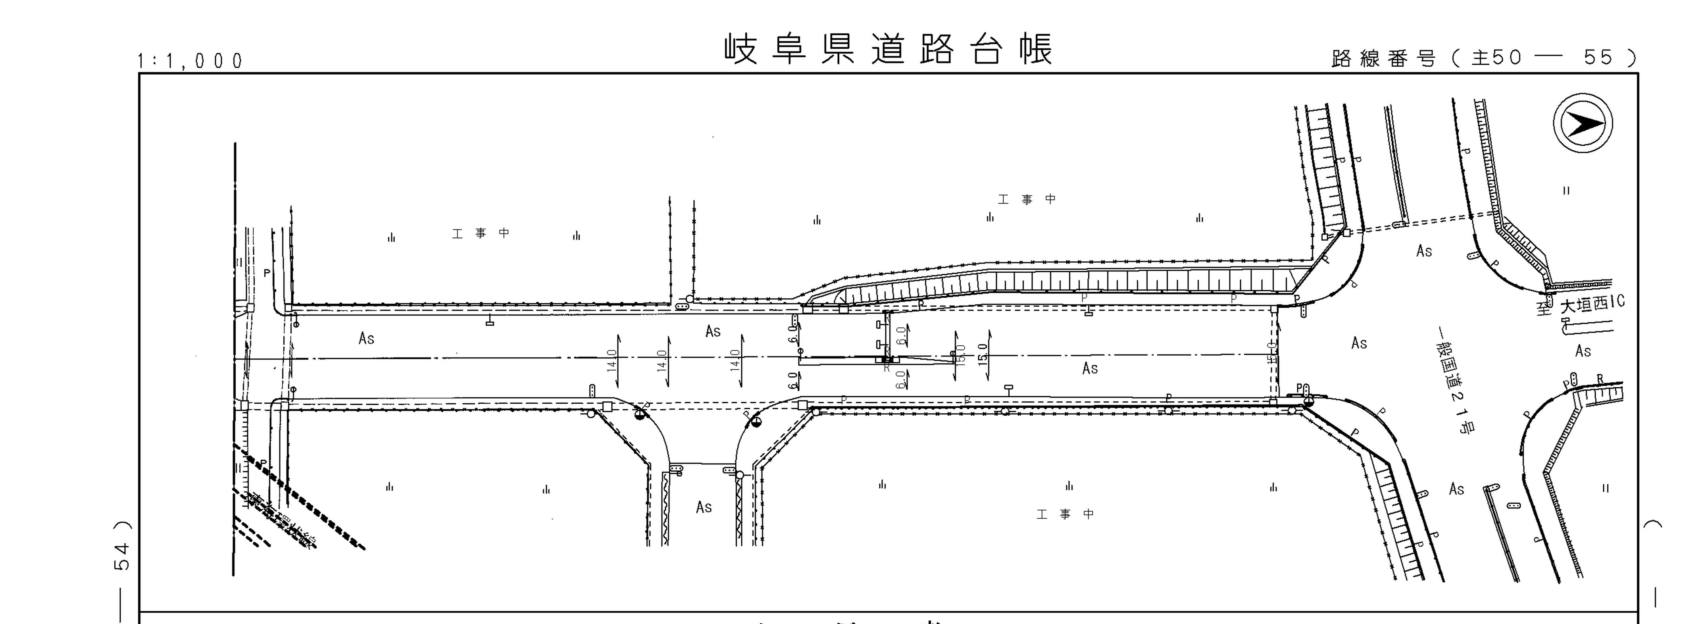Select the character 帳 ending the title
tap(1037, 50)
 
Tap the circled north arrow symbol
tap(1583, 123)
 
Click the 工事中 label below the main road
tap(1065, 514)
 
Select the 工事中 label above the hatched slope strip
tap(1027, 199)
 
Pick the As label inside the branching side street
tap(703, 507)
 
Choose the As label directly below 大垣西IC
tap(1583, 351)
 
